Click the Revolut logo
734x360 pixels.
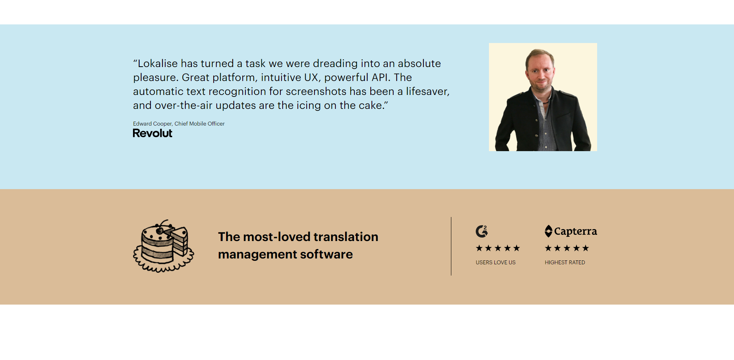pyautogui.click(x=152, y=133)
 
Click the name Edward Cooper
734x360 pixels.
pyautogui.click(x=152, y=124)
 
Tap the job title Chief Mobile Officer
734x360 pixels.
pyautogui.click(x=199, y=124)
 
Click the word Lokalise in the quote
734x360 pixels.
pyautogui.click(x=157, y=64)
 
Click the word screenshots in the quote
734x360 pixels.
pyautogui.click(x=316, y=91)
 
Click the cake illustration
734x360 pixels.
pyautogui.click(x=164, y=246)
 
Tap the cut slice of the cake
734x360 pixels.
pyautogui.click(x=180, y=241)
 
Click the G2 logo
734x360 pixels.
pyautogui.click(x=482, y=231)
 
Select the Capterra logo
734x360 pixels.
pyautogui.click(x=571, y=231)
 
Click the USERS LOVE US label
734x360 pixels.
pyautogui.click(x=496, y=262)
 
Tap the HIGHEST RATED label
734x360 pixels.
pyautogui.click(x=565, y=262)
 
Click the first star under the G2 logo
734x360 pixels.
pyautogui.click(x=479, y=248)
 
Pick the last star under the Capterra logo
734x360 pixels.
pyautogui.click(x=585, y=248)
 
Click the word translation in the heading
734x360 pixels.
pyautogui.click(x=346, y=237)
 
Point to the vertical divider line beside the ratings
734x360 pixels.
pyautogui.click(x=451, y=246)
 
